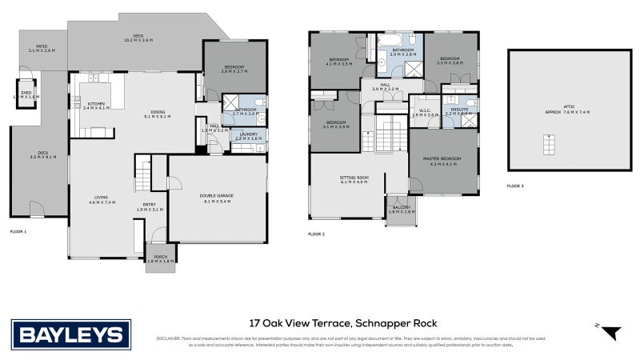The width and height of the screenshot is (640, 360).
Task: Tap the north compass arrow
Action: [x=611, y=332]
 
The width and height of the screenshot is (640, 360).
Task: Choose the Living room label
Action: [x=102, y=199]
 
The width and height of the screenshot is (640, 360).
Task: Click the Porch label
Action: [x=160, y=258]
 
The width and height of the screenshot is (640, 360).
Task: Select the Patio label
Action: [x=39, y=48]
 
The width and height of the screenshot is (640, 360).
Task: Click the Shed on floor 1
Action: [x=26, y=93]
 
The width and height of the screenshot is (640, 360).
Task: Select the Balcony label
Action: [x=402, y=210]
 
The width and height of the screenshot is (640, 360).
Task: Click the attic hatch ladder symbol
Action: [x=549, y=146]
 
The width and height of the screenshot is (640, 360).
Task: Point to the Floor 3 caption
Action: [x=516, y=186]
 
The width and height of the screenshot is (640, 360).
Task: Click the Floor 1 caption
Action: [x=18, y=231]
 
